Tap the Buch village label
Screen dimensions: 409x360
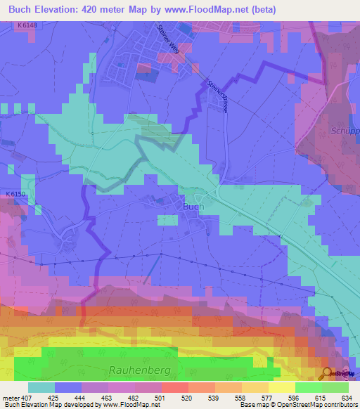193,207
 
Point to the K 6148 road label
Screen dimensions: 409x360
25,26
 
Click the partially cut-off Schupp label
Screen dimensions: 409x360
345,131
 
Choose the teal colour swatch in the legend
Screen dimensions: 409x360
41,387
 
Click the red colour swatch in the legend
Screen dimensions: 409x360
174,387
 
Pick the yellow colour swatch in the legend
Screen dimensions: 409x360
281,387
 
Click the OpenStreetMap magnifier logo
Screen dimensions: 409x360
326,373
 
